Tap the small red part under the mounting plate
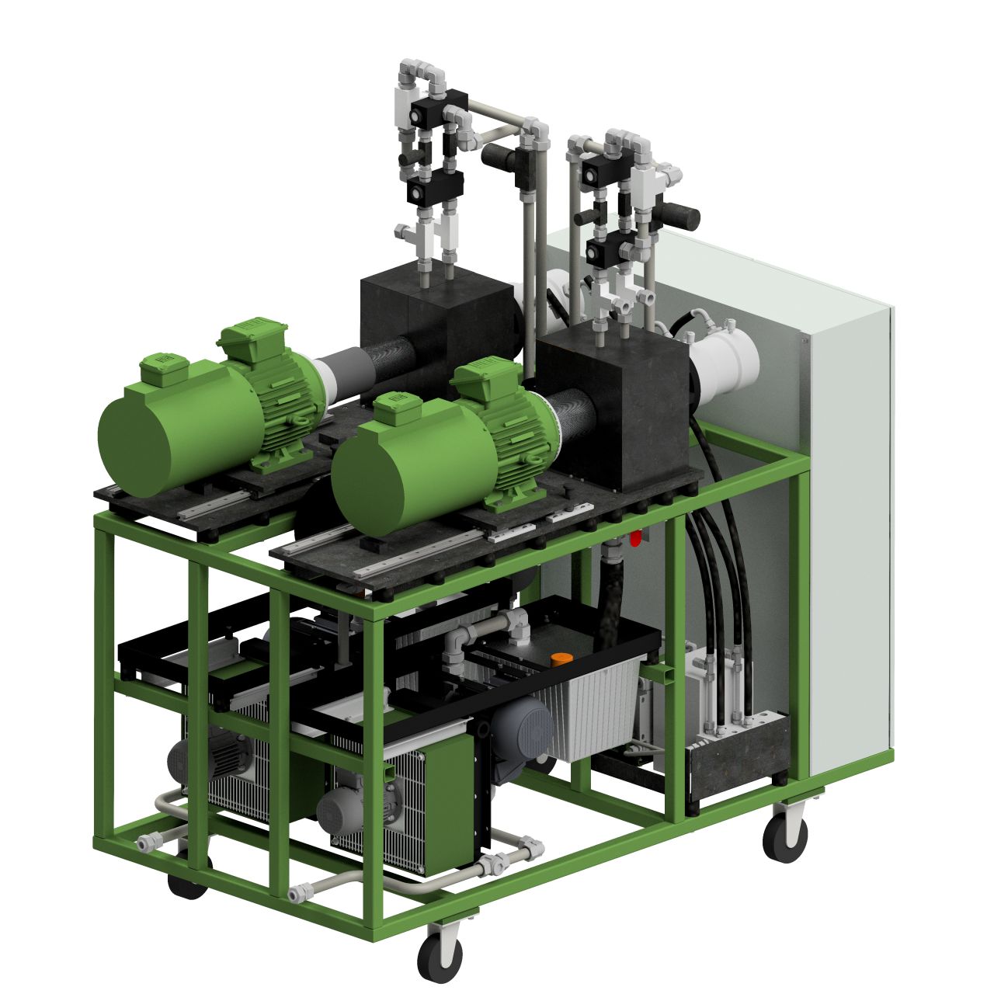pyautogui.click(x=636, y=537)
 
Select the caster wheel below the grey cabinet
pyautogui.click(x=785, y=836)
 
